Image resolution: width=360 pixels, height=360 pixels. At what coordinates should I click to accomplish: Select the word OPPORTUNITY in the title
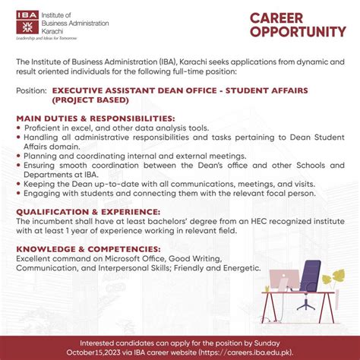click(x=298, y=32)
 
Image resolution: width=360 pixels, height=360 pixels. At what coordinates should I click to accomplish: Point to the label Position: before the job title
click(x=30, y=90)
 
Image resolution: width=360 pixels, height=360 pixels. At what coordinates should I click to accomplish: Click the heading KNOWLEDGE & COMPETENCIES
click(x=89, y=249)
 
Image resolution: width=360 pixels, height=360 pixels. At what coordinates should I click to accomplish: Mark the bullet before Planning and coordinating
click(x=18, y=154)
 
